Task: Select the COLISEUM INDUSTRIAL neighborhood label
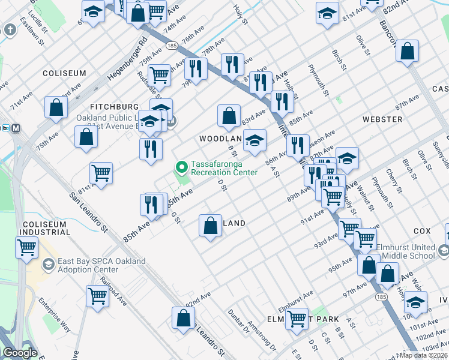click(46, 228)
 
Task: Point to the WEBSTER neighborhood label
click(382, 119)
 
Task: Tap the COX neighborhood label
click(422, 230)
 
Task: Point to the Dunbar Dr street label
click(238, 323)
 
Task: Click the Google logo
click(20, 353)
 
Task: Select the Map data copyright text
click(423, 355)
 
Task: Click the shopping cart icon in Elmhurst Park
click(297, 319)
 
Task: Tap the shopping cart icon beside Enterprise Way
click(97, 295)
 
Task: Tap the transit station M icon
click(16, 127)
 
